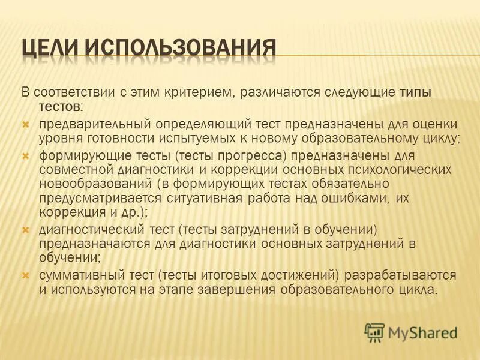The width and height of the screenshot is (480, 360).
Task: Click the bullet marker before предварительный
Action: click(26, 124)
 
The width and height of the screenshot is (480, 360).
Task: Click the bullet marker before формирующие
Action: click(26, 155)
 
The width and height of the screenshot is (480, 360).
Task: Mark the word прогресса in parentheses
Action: click(248, 155)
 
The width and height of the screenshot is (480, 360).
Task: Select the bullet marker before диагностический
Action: click(26, 229)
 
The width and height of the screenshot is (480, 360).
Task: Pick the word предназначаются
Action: click(90, 243)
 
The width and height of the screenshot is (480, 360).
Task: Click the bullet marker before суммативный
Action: click(26, 274)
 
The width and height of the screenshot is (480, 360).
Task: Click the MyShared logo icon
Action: click(374, 332)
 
